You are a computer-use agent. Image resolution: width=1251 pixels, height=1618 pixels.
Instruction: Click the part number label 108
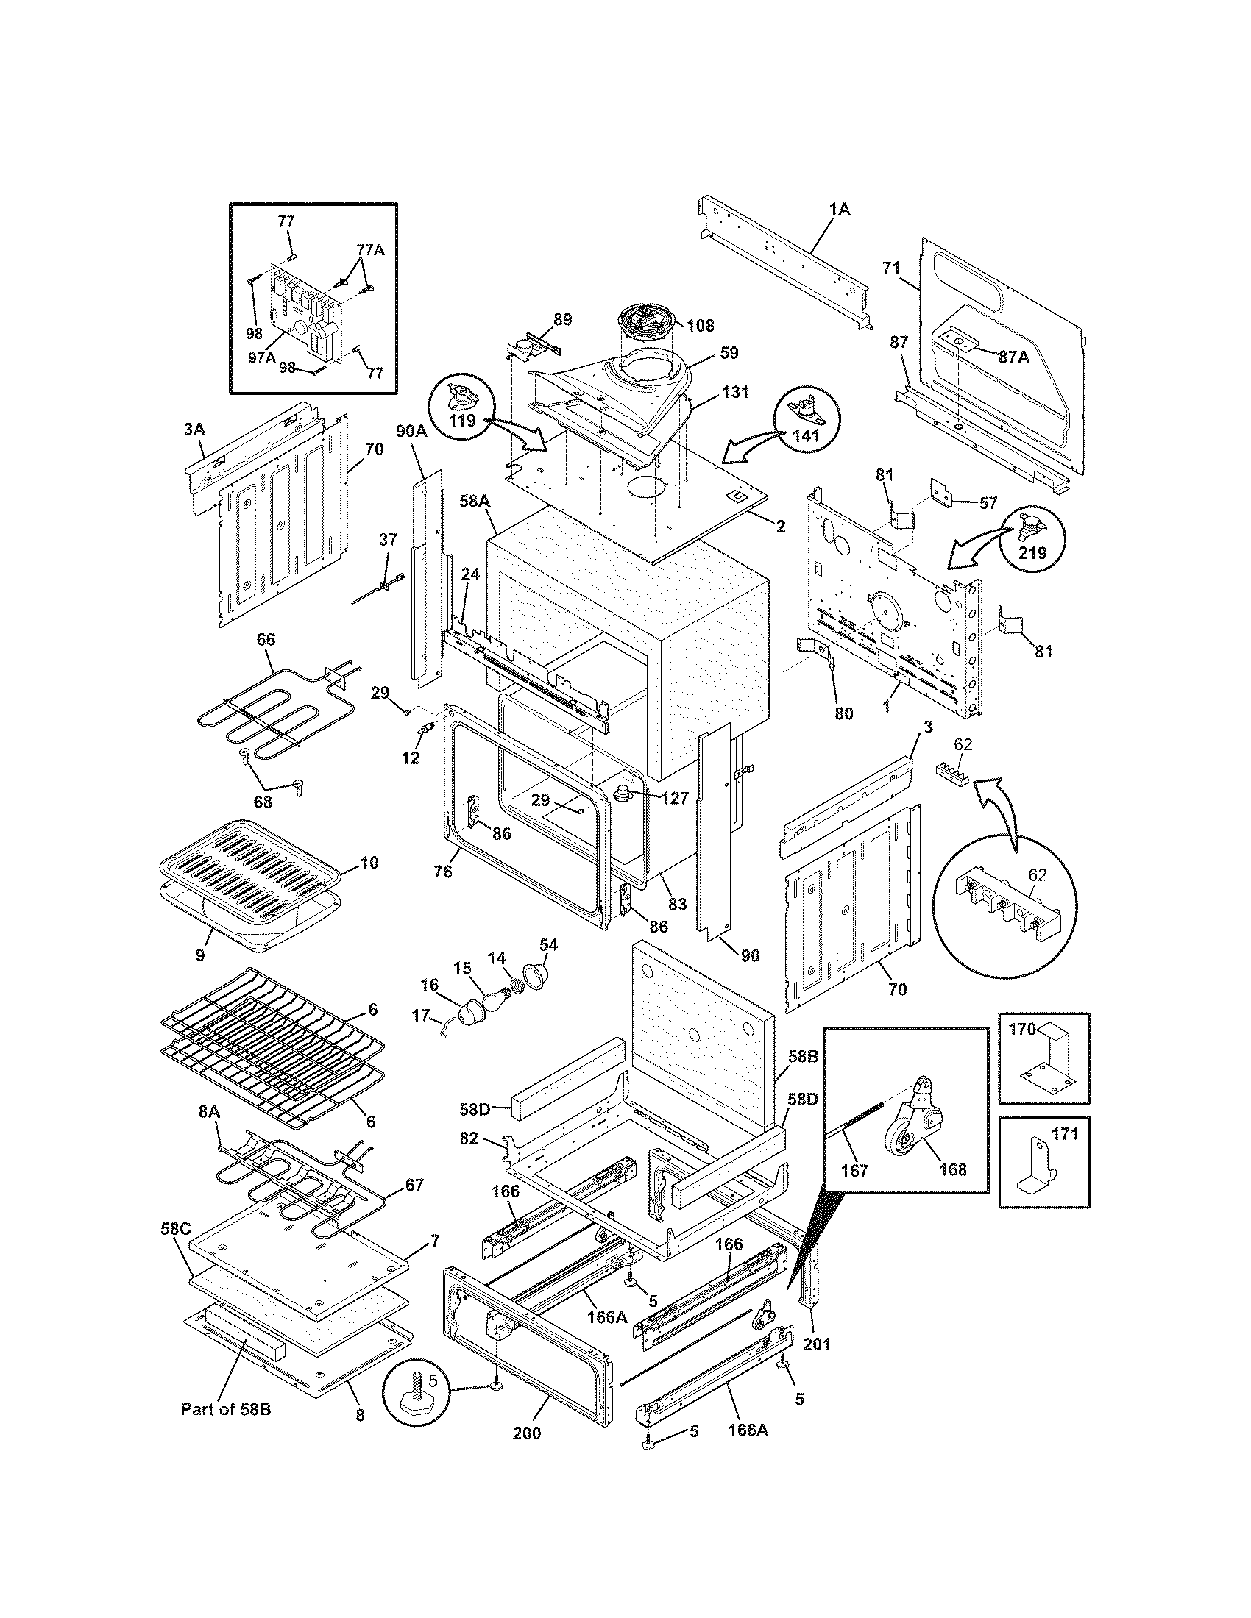tap(701, 324)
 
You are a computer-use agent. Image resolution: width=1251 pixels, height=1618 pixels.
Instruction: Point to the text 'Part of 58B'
tap(225, 1429)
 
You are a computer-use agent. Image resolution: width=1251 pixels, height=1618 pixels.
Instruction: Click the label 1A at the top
tap(840, 210)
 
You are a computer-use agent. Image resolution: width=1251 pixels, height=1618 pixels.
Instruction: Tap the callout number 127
tap(673, 798)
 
